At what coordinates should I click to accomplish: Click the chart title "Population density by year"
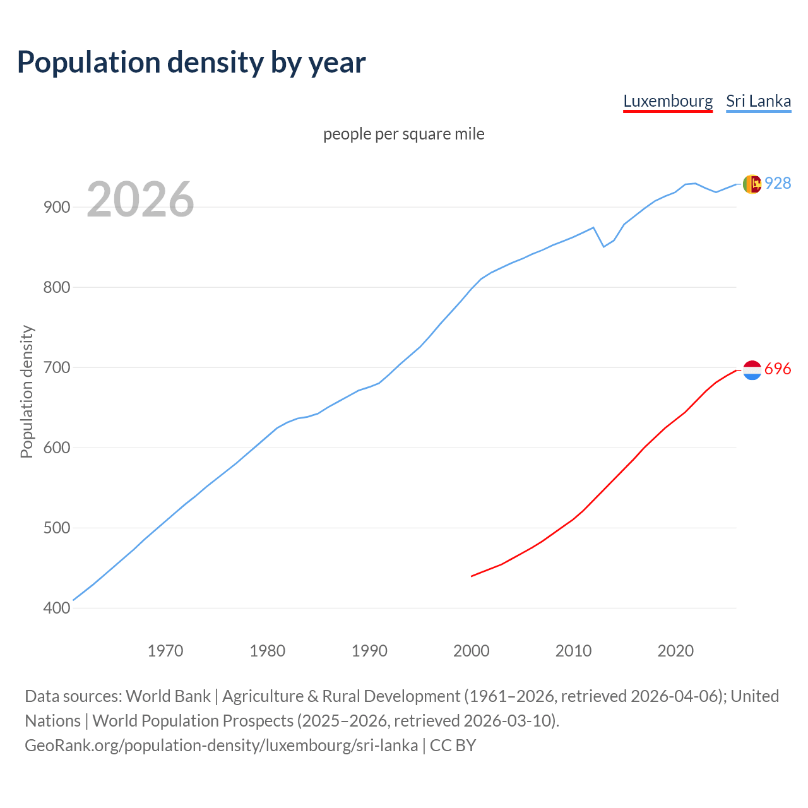click(x=191, y=62)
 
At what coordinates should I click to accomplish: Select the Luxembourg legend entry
click(x=668, y=101)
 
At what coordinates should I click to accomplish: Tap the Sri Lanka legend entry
click(x=758, y=101)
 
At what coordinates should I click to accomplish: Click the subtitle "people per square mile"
click(x=404, y=134)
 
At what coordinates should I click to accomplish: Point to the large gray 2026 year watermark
click(x=140, y=199)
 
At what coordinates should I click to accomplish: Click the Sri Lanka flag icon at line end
click(x=752, y=184)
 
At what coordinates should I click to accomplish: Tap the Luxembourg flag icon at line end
click(x=752, y=370)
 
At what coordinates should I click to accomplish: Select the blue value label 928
click(x=778, y=183)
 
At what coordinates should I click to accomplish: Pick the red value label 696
click(x=778, y=369)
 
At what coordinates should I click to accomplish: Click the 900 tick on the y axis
click(x=57, y=207)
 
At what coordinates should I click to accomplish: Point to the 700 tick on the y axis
click(x=57, y=367)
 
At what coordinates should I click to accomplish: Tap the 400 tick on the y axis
click(x=57, y=608)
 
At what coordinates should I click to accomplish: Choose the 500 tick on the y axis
click(x=57, y=528)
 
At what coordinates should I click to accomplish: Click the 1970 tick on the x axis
click(x=165, y=650)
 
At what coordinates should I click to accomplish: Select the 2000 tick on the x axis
click(x=472, y=650)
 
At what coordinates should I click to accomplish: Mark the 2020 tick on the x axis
click(x=675, y=650)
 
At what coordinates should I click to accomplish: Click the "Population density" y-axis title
click(x=27, y=391)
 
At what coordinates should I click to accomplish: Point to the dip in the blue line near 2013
click(x=604, y=246)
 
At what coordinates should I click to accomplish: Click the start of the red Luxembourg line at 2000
click(x=472, y=576)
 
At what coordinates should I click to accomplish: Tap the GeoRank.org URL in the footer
click(x=221, y=746)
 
